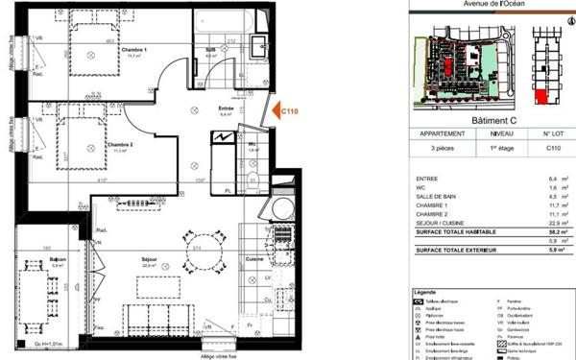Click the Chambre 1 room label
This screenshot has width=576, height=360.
133,50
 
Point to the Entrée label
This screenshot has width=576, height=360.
227,108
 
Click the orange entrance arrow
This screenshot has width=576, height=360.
273,113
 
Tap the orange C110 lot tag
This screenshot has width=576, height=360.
289,112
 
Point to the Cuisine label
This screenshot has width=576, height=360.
254,260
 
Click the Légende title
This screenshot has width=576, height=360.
424,290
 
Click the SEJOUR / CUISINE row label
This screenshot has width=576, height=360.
442,222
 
